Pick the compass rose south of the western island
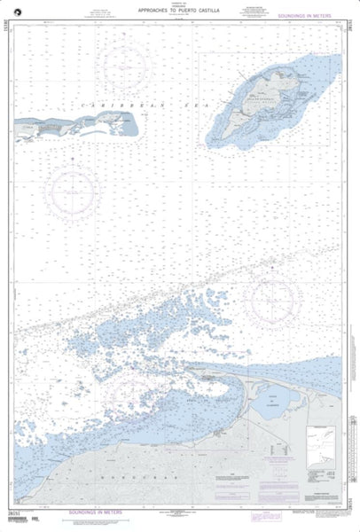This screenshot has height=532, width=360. pos(74,189)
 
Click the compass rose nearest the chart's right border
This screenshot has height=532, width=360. pos(277,300)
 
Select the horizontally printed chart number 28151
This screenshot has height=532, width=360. pos(16,512)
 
